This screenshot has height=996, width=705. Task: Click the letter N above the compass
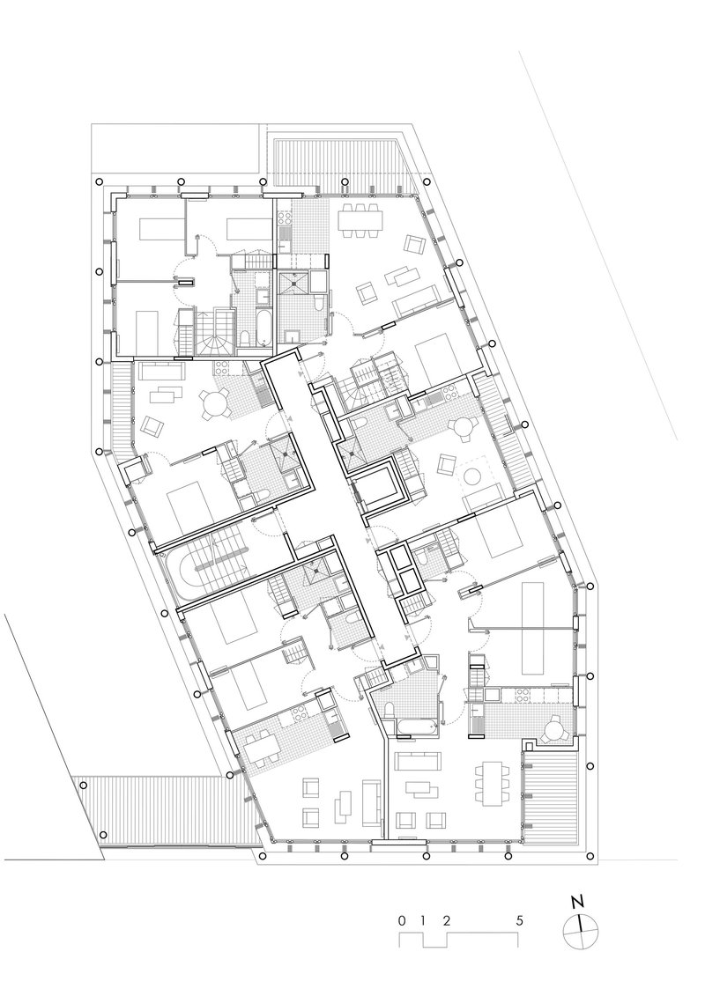[577, 902]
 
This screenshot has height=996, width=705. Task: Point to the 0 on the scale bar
[401, 920]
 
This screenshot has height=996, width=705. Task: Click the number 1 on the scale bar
[423, 920]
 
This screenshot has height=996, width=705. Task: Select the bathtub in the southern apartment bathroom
[414, 728]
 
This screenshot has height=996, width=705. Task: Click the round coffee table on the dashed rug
[473, 476]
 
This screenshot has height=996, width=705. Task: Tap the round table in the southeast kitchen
[554, 728]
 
